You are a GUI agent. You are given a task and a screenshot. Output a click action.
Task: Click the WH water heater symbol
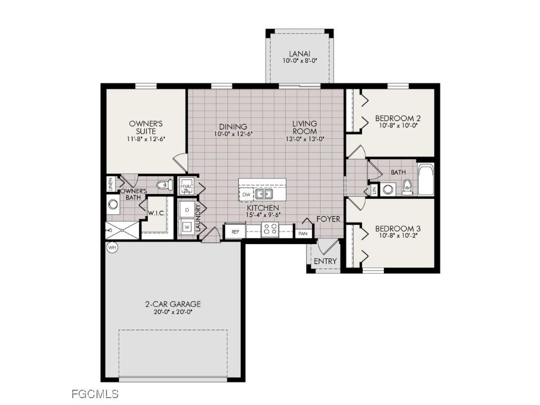point(111,247)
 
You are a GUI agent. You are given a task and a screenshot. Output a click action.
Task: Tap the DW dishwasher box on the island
point(246,195)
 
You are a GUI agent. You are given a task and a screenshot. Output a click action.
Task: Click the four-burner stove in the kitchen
point(270,229)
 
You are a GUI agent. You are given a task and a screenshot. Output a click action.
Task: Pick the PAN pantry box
point(303,232)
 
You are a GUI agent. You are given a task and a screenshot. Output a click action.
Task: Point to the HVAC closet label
point(187,187)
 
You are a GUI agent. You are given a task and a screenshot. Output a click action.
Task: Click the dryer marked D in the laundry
point(187,209)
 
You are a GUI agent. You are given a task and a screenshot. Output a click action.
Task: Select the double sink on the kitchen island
point(264,194)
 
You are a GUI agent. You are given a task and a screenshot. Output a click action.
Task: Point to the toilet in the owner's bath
point(163,185)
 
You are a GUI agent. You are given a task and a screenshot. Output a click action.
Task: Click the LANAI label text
point(299,53)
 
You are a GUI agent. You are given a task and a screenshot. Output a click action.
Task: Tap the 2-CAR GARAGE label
point(173,304)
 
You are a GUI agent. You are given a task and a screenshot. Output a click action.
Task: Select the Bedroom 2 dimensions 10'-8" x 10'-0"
point(398,127)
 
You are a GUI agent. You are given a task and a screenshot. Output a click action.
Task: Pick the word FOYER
point(328,219)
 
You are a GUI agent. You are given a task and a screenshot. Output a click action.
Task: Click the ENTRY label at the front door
point(325,262)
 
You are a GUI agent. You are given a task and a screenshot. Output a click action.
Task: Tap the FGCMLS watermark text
point(95,393)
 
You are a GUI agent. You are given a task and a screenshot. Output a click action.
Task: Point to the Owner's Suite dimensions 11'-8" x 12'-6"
point(146,139)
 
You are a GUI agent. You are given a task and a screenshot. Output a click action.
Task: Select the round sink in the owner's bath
point(112,204)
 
